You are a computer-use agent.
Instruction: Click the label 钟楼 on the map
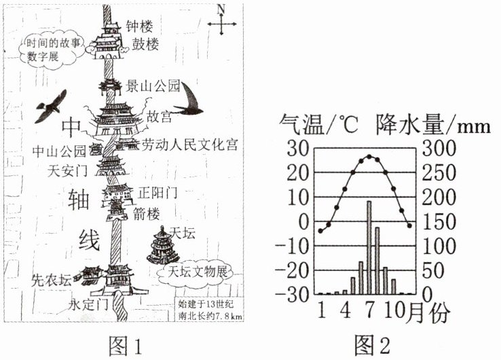(139, 27)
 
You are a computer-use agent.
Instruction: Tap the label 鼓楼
(139, 46)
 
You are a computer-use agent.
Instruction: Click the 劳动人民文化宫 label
(189, 145)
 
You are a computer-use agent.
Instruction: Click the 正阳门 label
(157, 193)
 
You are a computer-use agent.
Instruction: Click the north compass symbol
(221, 24)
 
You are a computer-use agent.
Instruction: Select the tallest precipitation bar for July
(369, 247)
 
